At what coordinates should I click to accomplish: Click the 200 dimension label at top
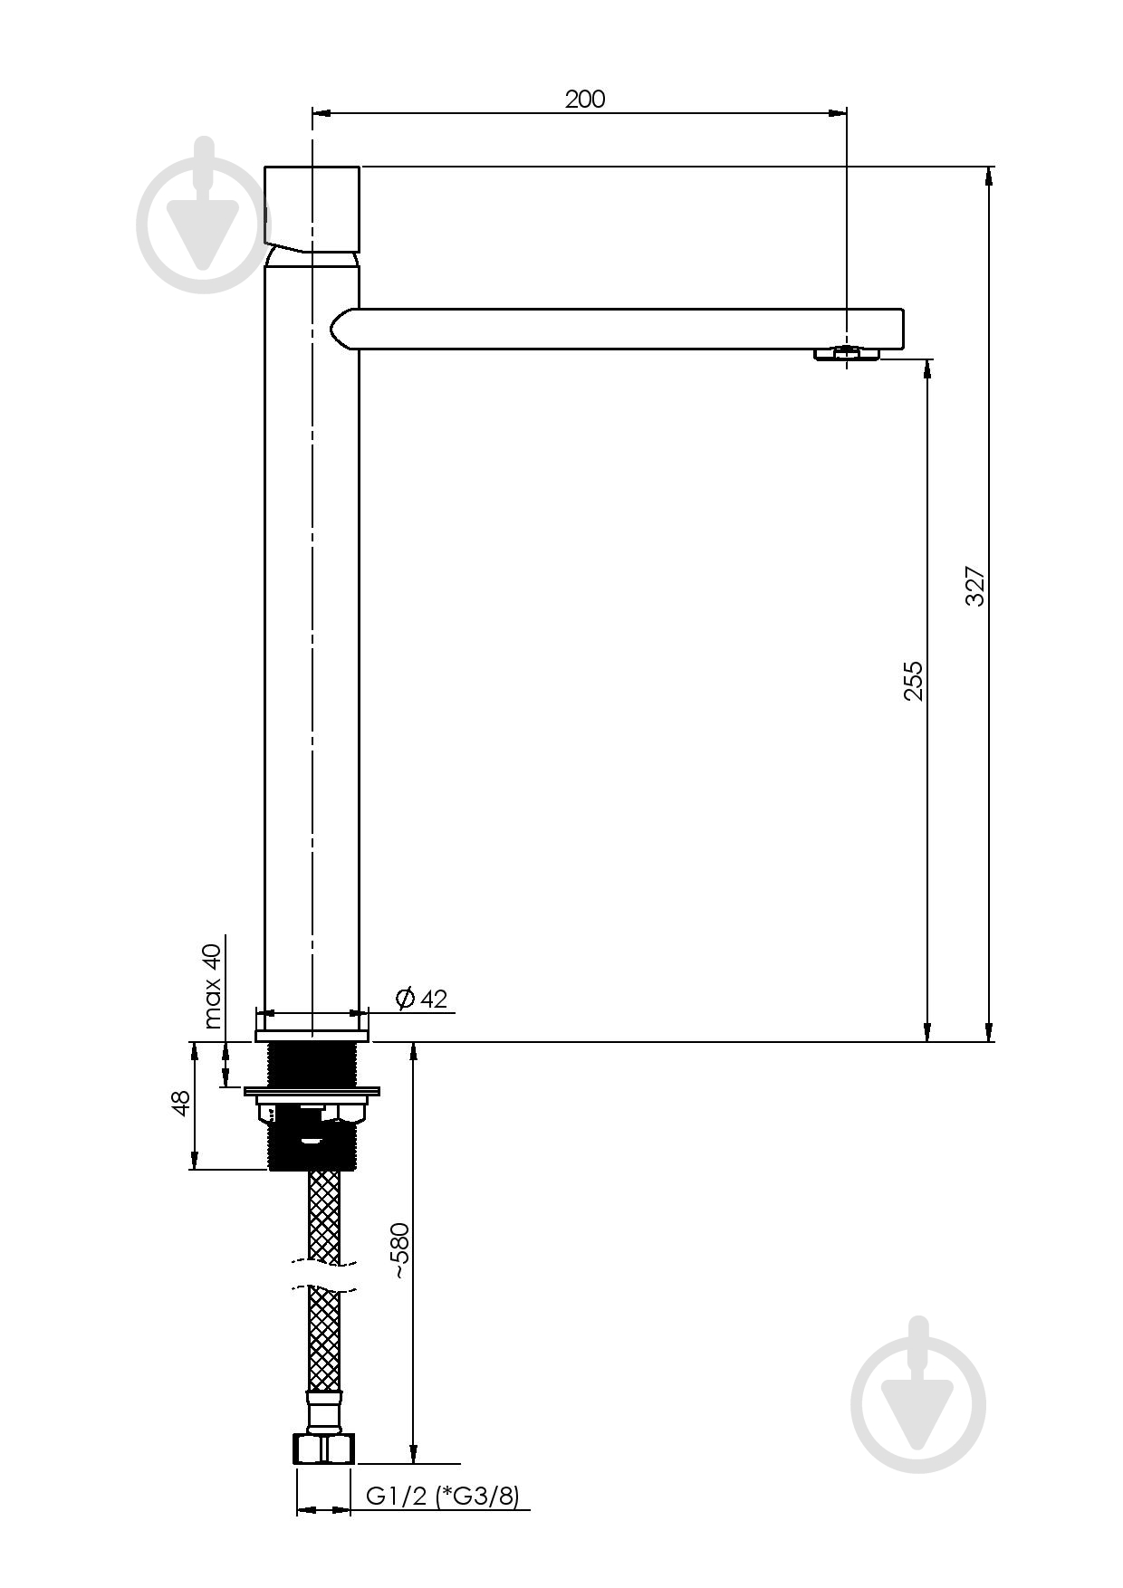(585, 99)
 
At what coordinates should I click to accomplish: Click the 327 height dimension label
(974, 586)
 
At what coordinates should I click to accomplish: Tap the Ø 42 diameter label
(421, 998)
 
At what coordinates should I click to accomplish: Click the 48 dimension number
(181, 1103)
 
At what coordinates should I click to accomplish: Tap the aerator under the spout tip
(847, 354)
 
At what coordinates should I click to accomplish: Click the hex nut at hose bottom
(324, 1449)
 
